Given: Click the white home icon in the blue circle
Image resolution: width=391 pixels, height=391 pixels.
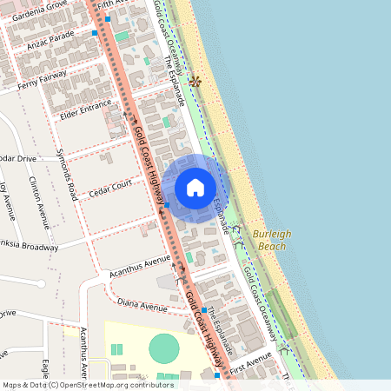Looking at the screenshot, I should (195, 187).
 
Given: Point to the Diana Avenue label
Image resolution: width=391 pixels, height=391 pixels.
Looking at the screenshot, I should (142, 307).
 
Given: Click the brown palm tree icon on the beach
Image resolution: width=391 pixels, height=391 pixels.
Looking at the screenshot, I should (195, 82).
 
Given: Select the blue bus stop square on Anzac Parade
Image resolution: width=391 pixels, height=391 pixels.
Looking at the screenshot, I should (94, 33).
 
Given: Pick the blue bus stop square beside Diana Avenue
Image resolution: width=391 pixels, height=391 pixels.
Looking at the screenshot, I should (203, 310).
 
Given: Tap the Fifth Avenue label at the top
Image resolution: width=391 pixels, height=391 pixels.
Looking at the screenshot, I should (112, 4).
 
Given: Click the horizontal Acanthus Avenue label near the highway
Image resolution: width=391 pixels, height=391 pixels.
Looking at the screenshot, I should (140, 262).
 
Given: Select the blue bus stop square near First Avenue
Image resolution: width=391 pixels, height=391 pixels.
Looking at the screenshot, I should (217, 375).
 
